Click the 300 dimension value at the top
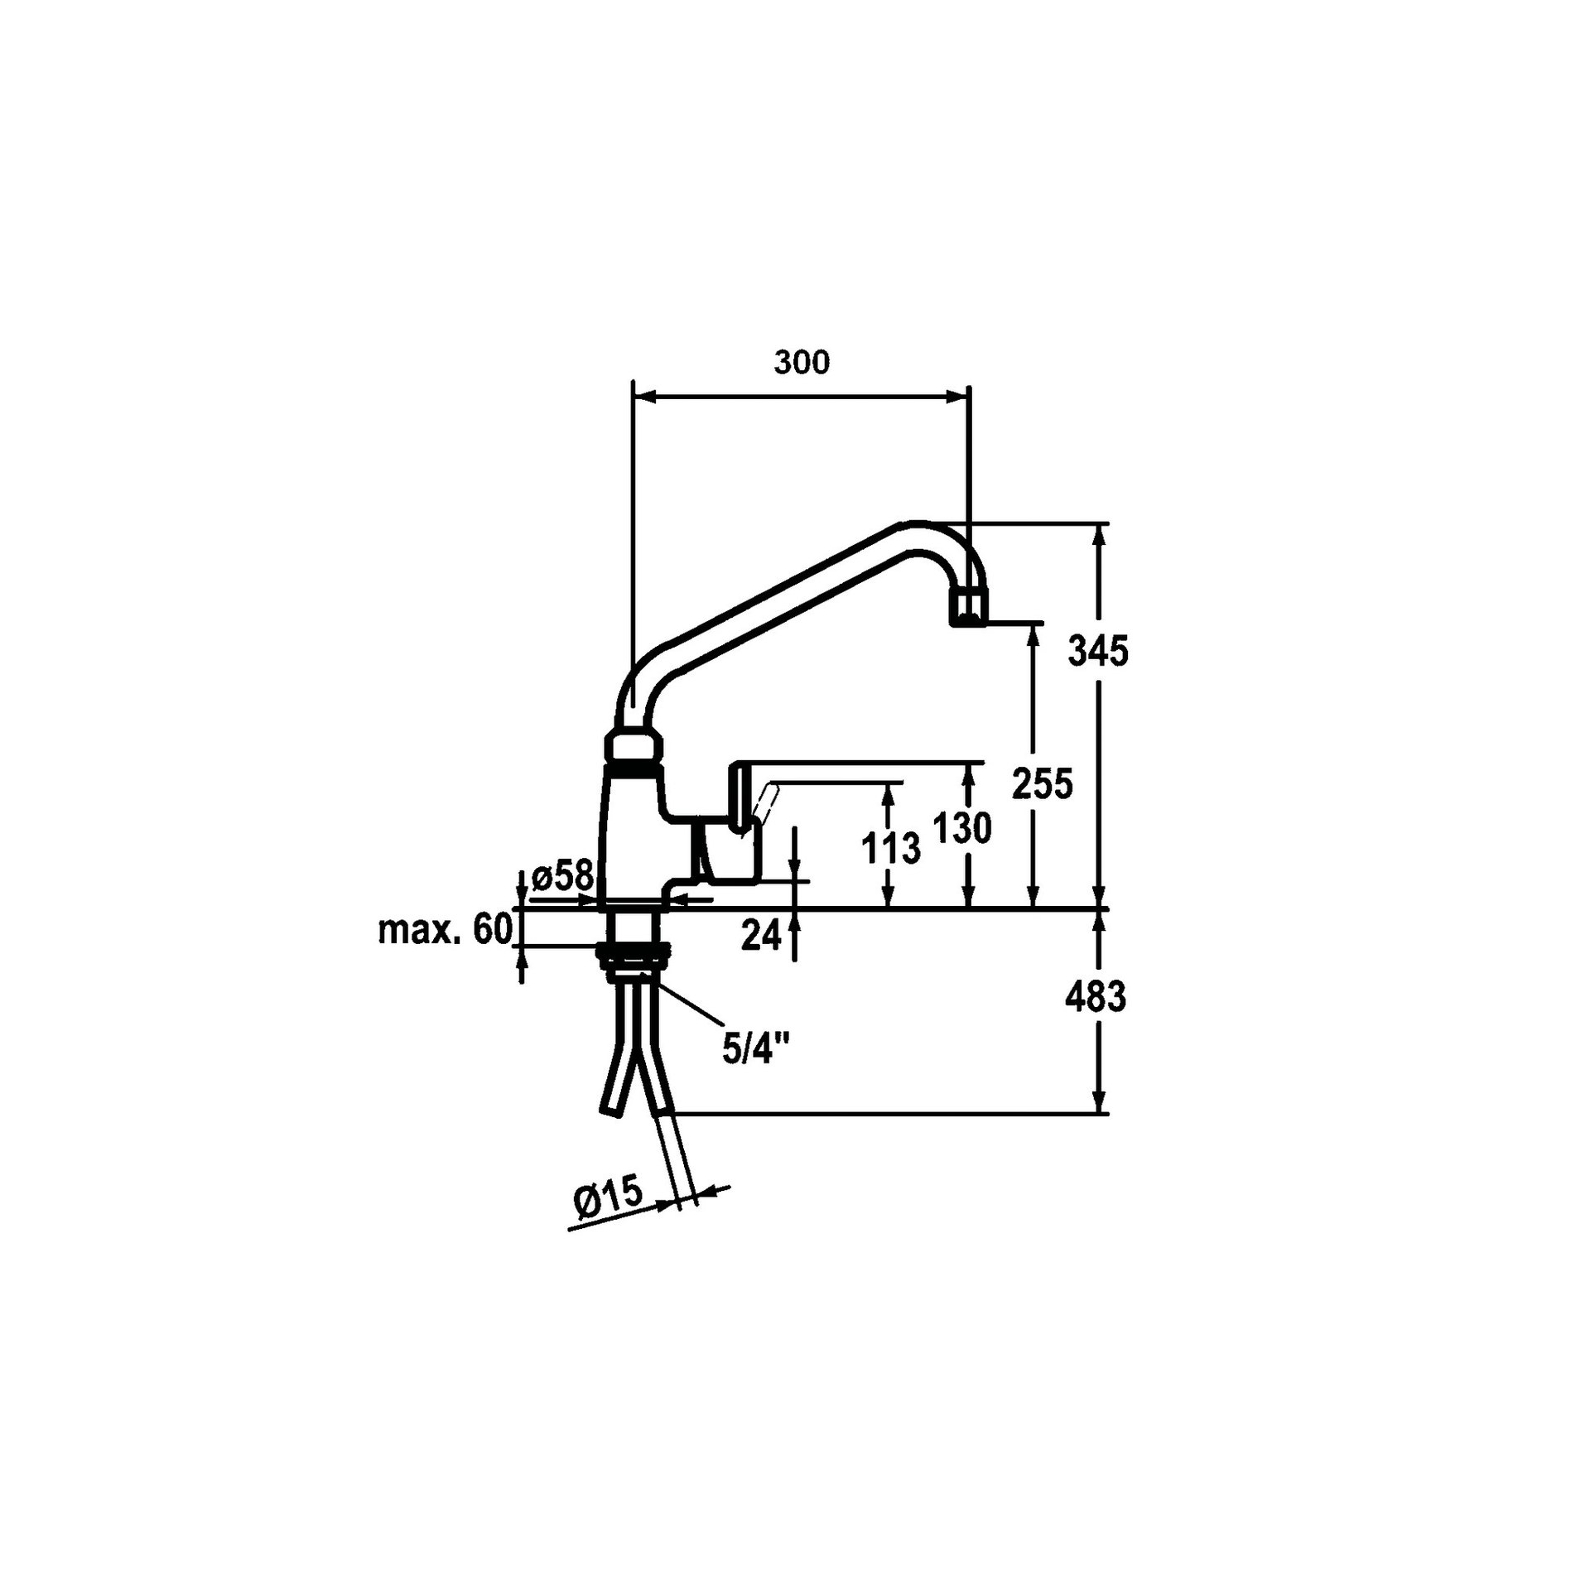tap(801, 363)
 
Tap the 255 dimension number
tap(1043, 783)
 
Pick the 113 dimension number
tap(890, 850)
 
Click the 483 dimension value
tap(1096, 998)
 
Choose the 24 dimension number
tap(761, 935)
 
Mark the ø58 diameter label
tap(563, 875)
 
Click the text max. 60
tap(445, 930)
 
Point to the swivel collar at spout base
tap(635, 749)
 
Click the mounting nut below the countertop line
tap(634, 955)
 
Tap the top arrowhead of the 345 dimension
tap(1100, 535)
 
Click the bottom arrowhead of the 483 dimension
tap(1100, 1101)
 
